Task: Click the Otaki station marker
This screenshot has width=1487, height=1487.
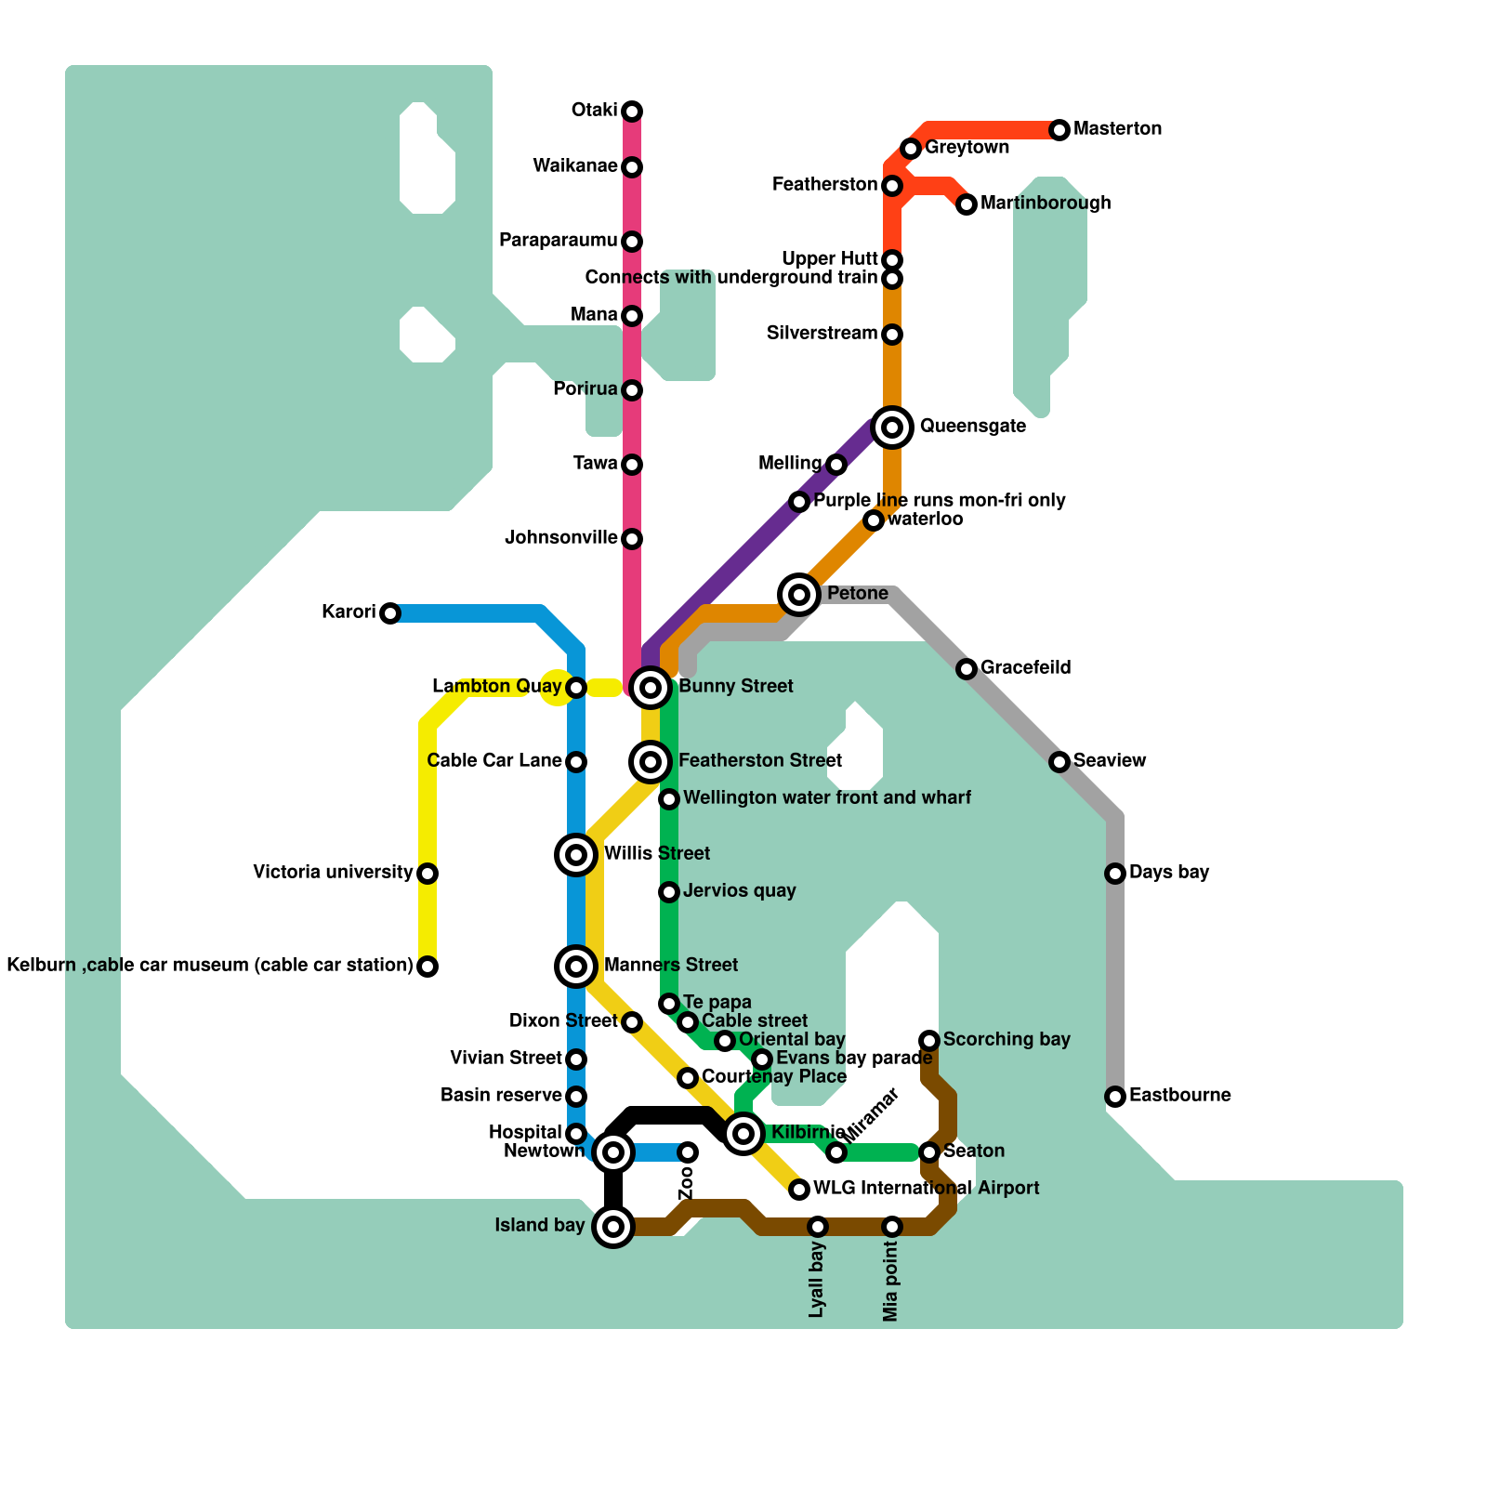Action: pos(632,112)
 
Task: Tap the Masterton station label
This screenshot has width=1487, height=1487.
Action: pos(1117,128)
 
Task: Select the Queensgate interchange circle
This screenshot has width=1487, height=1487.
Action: pos(892,428)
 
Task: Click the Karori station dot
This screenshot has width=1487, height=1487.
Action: pos(390,613)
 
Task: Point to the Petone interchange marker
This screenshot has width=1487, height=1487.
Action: pos(799,595)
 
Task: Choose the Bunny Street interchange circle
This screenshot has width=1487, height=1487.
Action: pos(651,688)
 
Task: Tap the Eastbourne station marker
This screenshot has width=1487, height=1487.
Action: pos(1115,1097)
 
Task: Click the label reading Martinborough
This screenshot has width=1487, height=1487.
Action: pos(1046,203)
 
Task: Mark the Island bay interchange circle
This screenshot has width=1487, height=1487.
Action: pos(613,1227)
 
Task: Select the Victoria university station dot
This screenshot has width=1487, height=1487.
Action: pos(428,874)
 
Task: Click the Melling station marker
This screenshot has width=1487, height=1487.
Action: pos(836,465)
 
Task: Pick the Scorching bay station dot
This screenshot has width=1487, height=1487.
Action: pos(929,1041)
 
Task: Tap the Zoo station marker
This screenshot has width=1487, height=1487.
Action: pos(688,1152)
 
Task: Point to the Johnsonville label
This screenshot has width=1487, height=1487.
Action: pos(560,537)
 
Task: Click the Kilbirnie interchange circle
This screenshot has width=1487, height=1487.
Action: pos(743,1134)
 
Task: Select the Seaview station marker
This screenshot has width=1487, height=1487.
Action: pos(1059,762)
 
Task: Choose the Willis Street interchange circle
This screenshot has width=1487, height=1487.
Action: pos(576,855)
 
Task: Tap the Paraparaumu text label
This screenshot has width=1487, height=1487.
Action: pos(558,240)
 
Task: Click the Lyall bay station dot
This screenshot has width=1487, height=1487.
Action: pos(818,1227)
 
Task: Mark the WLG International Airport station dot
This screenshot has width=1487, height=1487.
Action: pos(799,1190)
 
